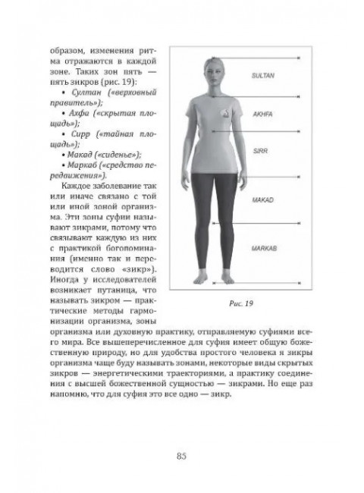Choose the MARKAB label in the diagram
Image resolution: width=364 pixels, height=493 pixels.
pyautogui.click(x=262, y=248)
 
